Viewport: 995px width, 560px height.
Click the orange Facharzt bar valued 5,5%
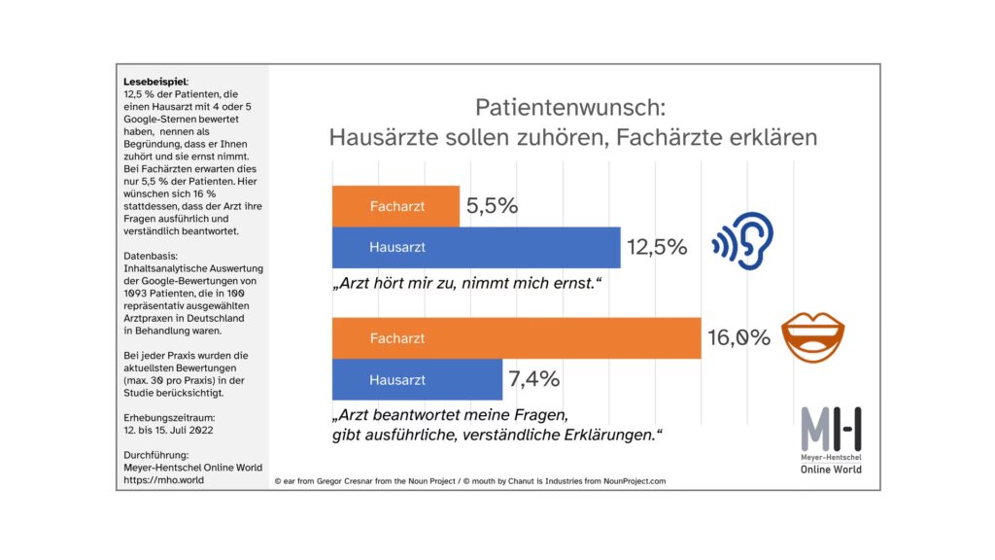(x=395, y=206)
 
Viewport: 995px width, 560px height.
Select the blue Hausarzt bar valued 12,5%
(x=476, y=247)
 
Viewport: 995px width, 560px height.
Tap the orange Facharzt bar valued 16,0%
(x=516, y=338)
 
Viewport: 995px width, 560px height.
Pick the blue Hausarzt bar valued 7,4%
(x=417, y=379)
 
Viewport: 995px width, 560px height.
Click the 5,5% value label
(x=492, y=206)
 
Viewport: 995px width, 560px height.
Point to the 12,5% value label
(x=657, y=247)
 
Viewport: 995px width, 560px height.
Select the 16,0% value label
(x=739, y=338)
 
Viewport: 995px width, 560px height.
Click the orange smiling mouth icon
(x=813, y=335)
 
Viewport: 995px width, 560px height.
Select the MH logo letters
(x=831, y=428)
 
